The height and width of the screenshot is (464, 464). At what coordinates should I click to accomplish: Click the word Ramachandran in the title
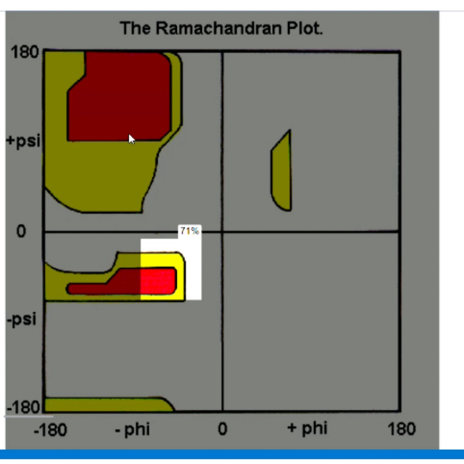click(220, 29)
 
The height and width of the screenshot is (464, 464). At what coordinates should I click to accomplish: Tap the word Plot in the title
click(305, 29)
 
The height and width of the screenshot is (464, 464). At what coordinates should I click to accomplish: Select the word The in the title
click(135, 29)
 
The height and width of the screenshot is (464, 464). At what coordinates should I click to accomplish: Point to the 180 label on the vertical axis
click(25, 53)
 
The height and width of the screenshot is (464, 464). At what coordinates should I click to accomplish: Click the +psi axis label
click(23, 141)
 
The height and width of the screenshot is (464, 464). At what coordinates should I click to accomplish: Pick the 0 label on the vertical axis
click(21, 231)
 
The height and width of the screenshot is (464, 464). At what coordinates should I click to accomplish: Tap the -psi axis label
click(22, 319)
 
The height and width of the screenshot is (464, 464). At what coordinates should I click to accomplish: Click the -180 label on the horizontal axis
click(50, 430)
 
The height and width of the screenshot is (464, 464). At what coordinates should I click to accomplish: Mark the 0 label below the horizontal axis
click(223, 429)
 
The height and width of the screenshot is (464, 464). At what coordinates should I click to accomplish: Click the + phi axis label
click(307, 429)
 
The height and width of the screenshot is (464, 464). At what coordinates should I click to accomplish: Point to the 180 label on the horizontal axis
click(401, 429)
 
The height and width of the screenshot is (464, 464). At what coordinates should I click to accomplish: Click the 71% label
click(190, 231)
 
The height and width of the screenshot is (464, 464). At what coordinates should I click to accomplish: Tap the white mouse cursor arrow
click(131, 139)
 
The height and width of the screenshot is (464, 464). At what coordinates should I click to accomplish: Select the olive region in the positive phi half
click(281, 174)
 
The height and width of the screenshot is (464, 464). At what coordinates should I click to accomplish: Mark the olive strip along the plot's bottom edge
click(104, 405)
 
